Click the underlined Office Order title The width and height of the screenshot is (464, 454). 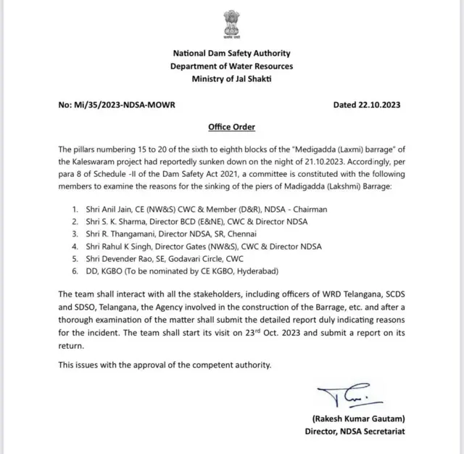pyautogui.click(x=231, y=127)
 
